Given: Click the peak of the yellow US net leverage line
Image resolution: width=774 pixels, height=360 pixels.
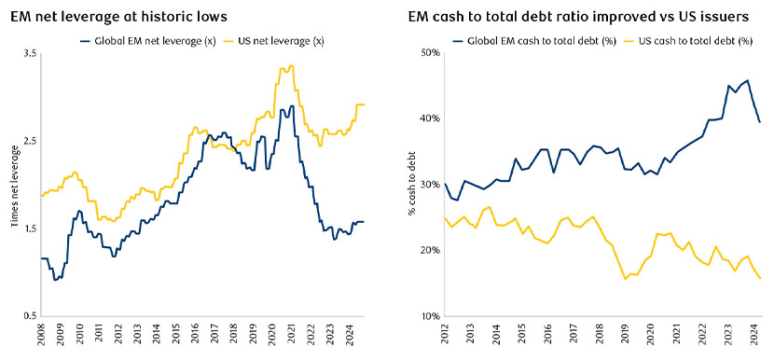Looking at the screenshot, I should [x=292, y=66].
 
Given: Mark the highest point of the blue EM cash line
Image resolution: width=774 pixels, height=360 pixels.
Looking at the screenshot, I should [x=748, y=80].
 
